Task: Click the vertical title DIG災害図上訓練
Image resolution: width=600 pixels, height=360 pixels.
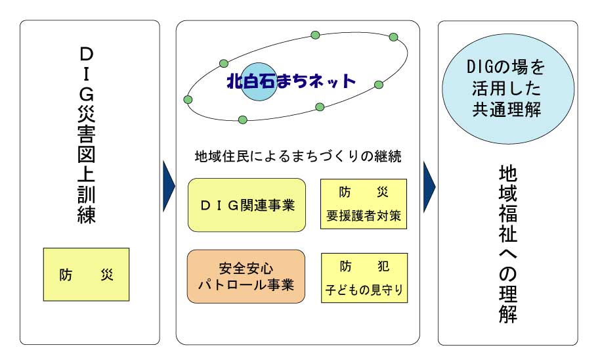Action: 87,135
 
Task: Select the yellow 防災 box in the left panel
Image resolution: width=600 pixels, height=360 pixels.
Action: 86,274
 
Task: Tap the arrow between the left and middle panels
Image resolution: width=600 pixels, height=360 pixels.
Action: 169,187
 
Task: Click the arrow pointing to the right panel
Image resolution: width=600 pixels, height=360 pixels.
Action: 429,187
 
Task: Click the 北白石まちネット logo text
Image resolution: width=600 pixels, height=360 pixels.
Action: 291,81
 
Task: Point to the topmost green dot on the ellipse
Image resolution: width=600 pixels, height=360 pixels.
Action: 315,35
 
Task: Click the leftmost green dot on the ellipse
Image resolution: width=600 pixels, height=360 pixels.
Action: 188,100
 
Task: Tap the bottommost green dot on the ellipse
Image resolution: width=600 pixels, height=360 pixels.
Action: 243,120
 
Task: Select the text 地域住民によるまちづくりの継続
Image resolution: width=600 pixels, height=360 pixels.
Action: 298,156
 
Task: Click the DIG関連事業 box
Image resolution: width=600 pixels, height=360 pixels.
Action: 247,205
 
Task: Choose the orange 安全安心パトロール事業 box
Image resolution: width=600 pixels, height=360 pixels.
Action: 246,277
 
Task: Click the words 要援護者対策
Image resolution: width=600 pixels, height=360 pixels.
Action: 364,216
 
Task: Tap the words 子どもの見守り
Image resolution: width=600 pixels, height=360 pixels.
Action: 364,290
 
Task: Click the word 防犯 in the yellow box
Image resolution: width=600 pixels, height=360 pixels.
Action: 364,266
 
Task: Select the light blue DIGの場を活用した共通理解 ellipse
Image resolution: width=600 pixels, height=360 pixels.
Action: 508,89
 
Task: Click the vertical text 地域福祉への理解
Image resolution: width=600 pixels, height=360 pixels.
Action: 508,244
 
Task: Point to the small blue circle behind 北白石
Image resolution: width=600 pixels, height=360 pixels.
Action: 258,81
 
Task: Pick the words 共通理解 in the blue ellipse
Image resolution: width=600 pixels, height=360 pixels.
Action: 507,110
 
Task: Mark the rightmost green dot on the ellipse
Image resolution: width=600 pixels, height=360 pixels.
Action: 393,37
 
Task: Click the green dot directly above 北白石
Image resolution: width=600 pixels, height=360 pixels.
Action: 224,63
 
